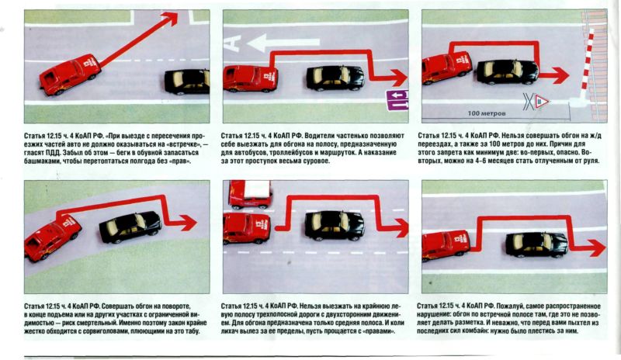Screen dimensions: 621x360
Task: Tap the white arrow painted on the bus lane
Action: (283, 43)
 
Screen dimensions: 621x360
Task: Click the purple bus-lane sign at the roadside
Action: (397, 100)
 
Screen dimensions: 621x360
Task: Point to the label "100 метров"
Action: (487, 113)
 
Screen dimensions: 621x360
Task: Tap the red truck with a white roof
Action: (250, 194)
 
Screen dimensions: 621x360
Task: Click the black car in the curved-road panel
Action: (130, 227)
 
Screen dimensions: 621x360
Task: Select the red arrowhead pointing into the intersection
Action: (170, 19)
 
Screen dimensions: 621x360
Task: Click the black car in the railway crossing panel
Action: (508, 71)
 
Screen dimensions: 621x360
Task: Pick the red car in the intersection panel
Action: (70, 74)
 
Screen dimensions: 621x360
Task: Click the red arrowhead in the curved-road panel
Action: (187, 223)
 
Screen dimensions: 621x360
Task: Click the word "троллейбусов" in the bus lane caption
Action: (297, 153)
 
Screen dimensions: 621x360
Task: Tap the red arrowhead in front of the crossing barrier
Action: (560, 75)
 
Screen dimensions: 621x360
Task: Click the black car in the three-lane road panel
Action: (335, 225)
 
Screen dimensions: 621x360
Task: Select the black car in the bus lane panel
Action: (335, 78)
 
